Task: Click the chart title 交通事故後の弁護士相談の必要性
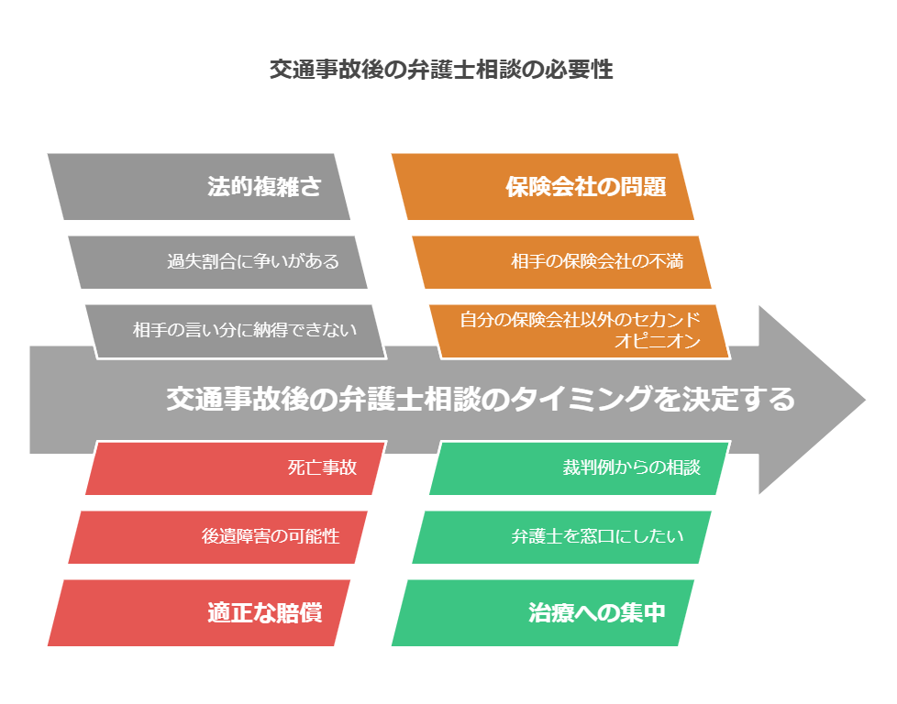441,70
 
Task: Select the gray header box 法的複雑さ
198,186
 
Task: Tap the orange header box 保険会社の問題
542,186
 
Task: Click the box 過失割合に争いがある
217,262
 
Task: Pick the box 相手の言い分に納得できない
236,331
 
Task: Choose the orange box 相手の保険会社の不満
561,262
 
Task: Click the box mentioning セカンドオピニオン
580,331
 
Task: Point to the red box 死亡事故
236,467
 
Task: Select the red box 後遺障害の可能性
217,537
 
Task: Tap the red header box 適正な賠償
198,612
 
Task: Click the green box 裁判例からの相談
580,467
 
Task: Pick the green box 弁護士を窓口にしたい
561,537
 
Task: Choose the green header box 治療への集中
542,612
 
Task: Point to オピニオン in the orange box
658,341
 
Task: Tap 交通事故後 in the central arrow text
238,399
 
